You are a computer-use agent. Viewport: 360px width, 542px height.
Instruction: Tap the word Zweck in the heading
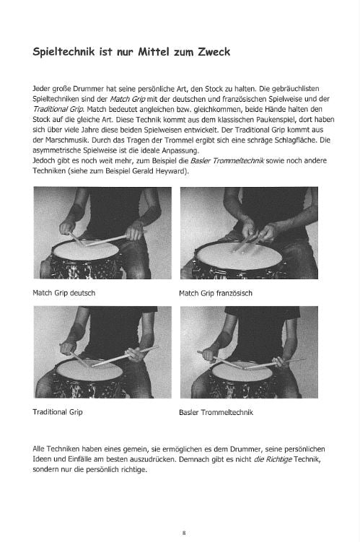click(214, 52)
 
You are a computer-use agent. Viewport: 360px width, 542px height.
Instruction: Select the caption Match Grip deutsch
click(64, 293)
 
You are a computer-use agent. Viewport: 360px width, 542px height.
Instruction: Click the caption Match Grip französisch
click(216, 294)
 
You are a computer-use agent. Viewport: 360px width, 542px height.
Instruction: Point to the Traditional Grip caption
click(58, 412)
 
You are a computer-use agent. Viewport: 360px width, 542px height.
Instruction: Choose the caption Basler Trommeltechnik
click(216, 412)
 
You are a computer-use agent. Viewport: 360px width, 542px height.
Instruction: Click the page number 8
click(184, 533)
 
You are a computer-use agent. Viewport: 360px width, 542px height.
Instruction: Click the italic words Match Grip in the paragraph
click(128, 99)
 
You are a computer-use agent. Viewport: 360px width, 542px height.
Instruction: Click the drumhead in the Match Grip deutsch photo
click(86, 250)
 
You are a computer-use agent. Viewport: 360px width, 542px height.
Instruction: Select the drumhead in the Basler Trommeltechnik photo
click(242, 372)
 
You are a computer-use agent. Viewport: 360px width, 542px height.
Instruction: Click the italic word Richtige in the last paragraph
click(279, 460)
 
